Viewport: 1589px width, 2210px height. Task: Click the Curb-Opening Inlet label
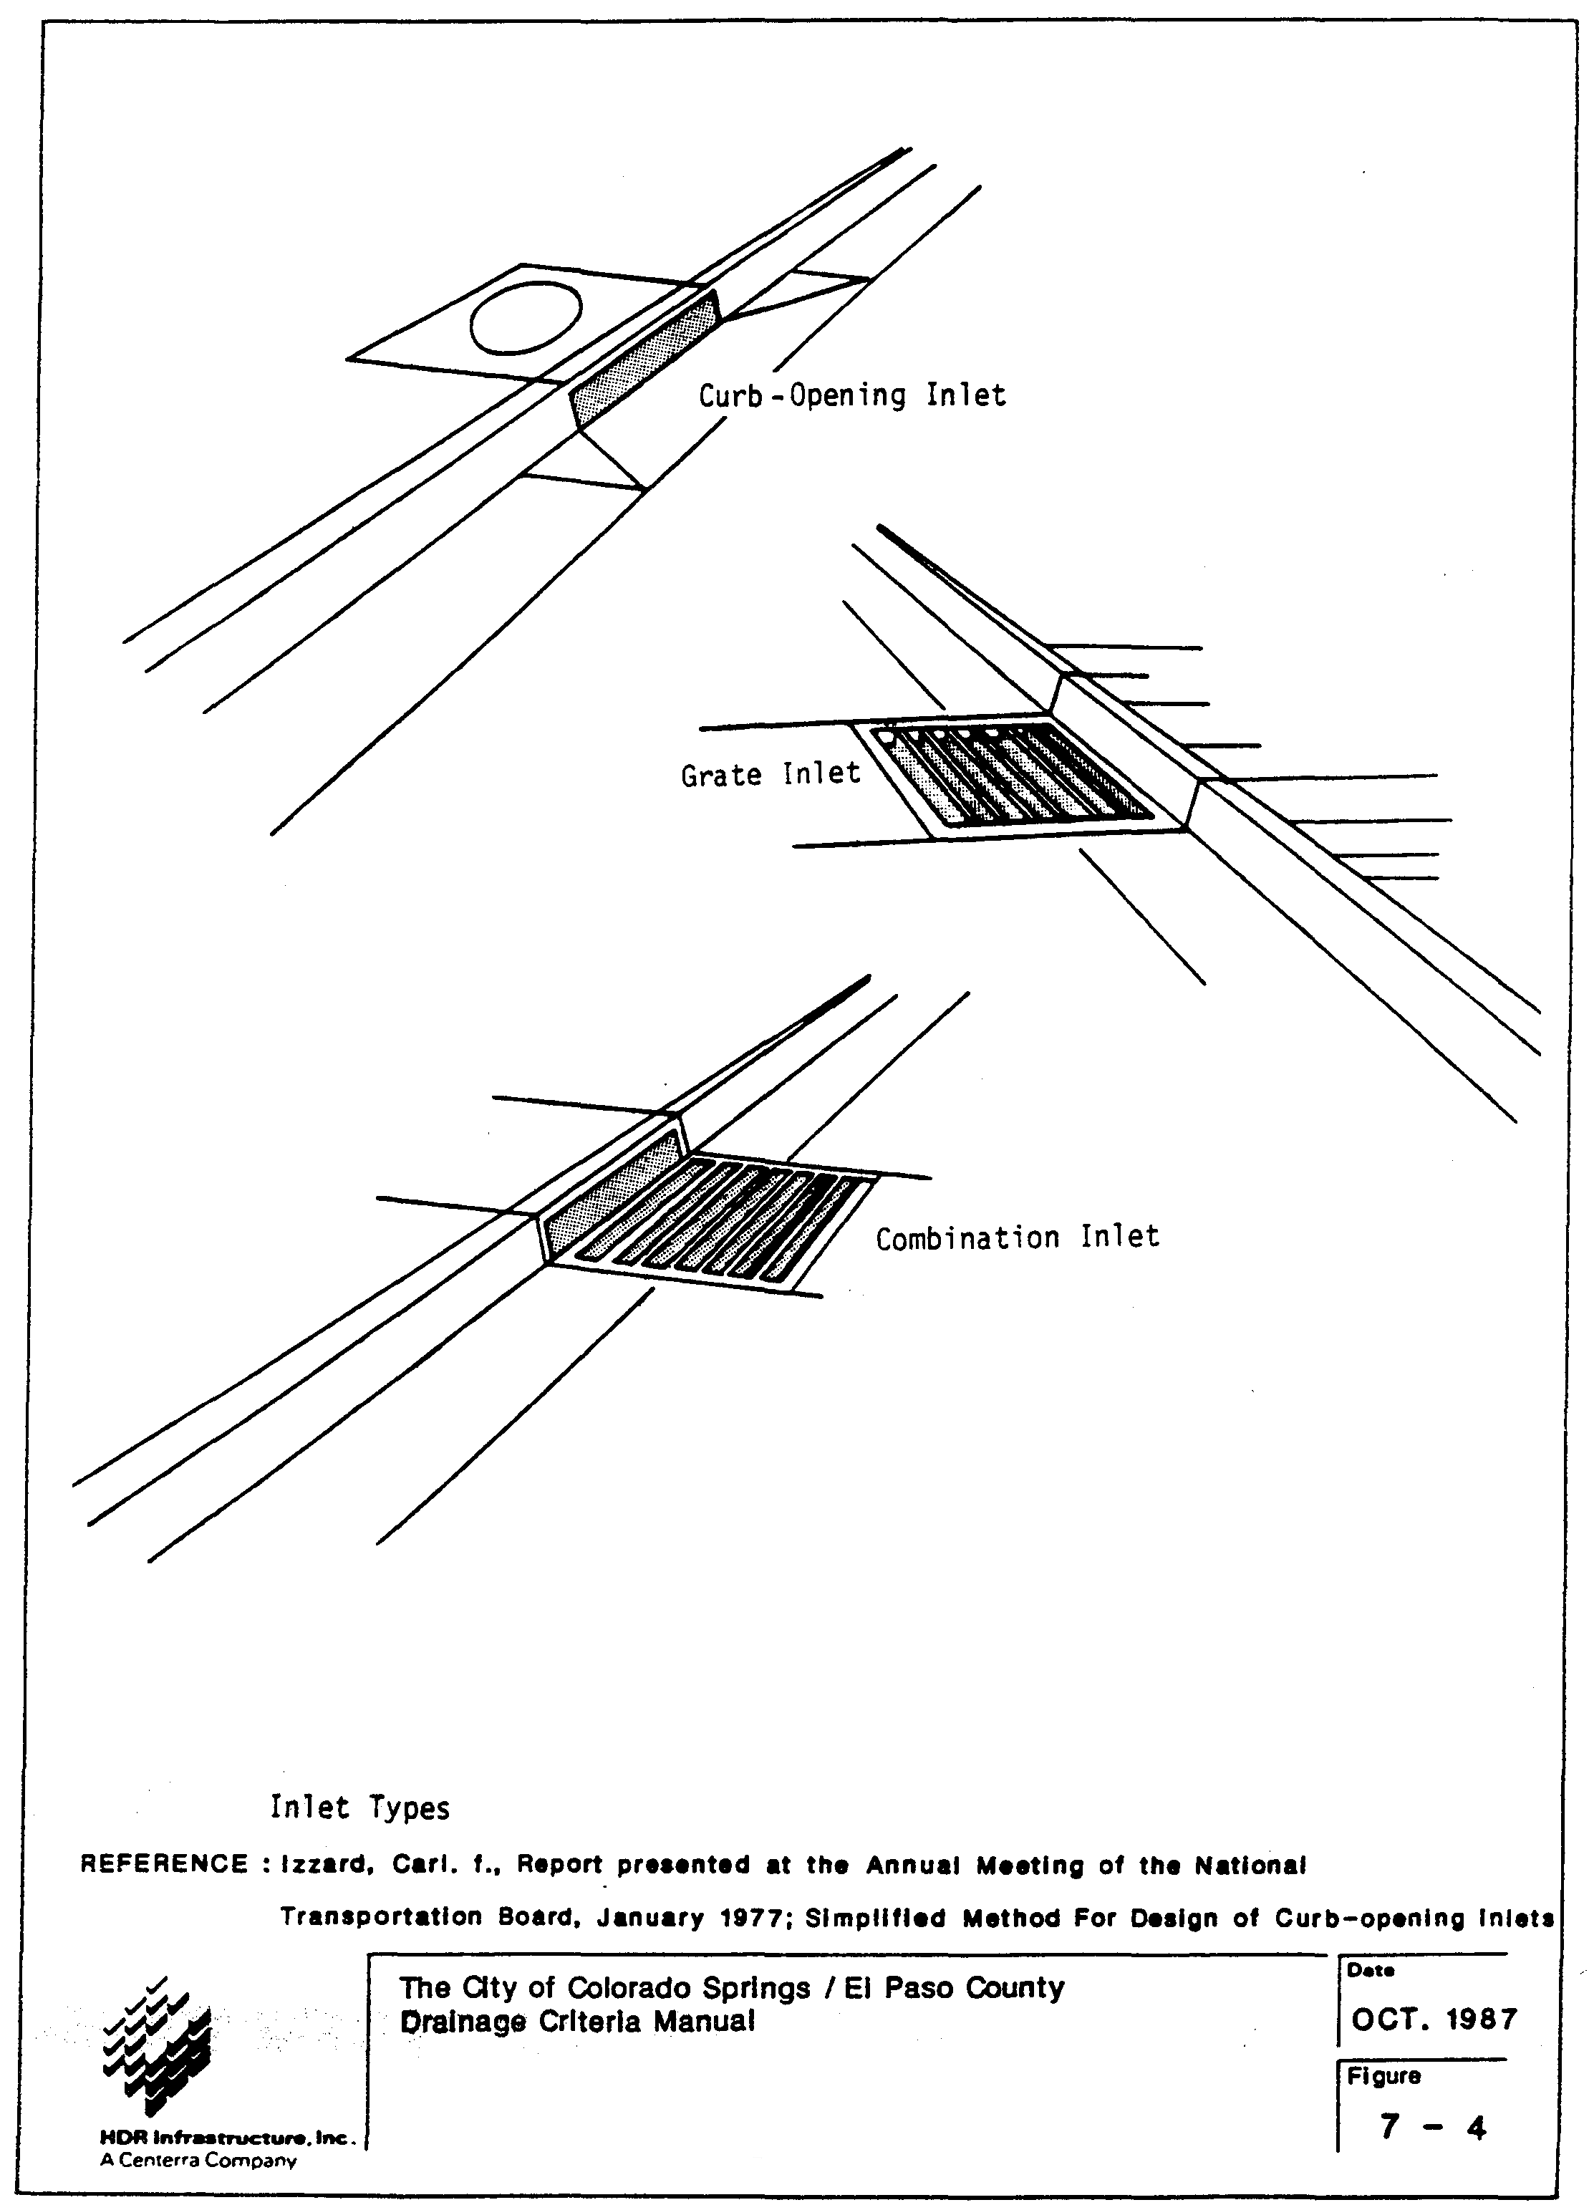tap(851, 395)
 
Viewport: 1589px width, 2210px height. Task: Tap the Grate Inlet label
tap(770, 775)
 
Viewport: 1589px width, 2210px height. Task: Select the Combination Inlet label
tap(1016, 1237)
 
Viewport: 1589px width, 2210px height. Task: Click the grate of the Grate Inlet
tap(1013, 775)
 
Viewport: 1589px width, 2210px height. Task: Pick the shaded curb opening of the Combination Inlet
tap(609, 1194)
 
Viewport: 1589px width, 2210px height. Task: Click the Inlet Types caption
tap(359, 1808)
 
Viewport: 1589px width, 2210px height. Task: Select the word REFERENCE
tap(164, 1864)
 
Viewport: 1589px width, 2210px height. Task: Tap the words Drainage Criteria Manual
tap(578, 2022)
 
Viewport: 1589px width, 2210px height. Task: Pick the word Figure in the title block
tap(1383, 2077)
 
